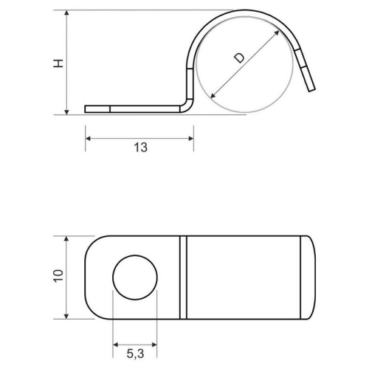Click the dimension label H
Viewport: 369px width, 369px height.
(x=58, y=63)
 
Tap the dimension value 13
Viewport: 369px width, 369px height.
(x=140, y=147)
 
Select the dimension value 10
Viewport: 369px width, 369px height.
(x=58, y=276)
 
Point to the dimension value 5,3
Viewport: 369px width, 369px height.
(x=135, y=355)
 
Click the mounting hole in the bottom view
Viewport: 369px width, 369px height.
(x=135, y=279)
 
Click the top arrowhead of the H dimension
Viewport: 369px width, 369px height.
(x=67, y=13)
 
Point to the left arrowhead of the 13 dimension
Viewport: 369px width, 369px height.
(x=88, y=137)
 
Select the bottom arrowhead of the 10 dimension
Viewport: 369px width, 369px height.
(x=67, y=317)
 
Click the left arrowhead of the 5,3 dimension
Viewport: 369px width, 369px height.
(x=115, y=343)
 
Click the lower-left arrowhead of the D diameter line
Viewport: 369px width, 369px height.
(x=213, y=96)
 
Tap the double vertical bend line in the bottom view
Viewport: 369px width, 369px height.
(x=184, y=277)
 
